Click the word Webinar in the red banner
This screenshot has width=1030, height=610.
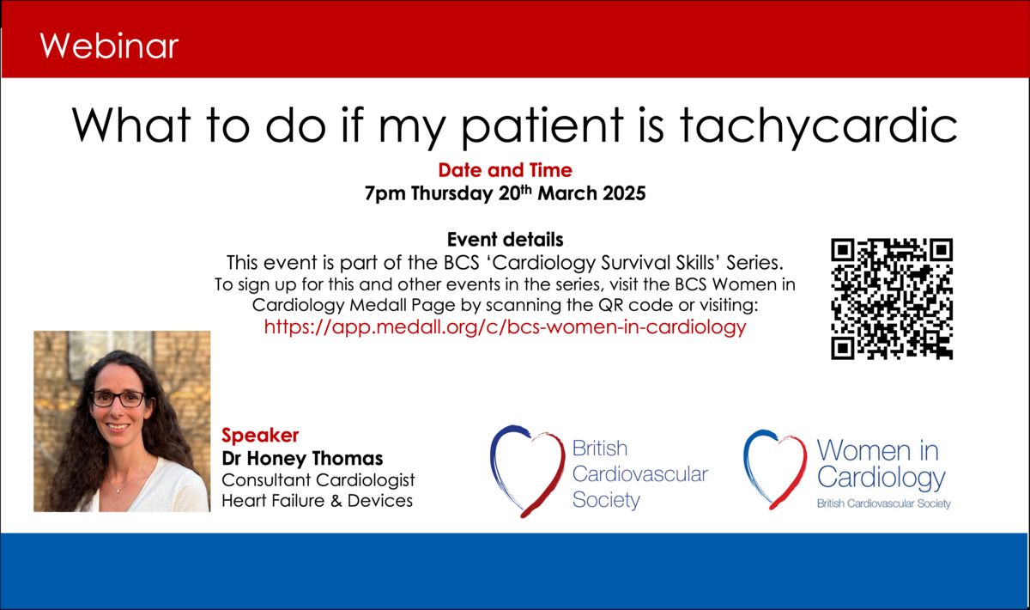click(x=109, y=46)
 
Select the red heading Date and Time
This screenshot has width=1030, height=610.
click(x=505, y=170)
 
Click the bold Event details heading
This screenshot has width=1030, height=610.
click(x=505, y=240)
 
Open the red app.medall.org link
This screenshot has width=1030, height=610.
click(x=505, y=327)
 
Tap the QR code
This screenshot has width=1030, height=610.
click(x=892, y=299)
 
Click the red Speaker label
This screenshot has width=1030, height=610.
click(x=260, y=436)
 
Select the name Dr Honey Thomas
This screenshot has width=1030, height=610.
click(x=302, y=458)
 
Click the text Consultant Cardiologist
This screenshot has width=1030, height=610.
click(x=318, y=480)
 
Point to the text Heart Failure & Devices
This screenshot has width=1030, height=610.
click(x=318, y=501)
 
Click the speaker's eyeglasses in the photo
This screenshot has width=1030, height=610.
click(x=118, y=399)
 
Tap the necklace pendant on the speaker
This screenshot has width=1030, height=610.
click(x=119, y=491)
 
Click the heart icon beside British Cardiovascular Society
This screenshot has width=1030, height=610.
click(x=527, y=471)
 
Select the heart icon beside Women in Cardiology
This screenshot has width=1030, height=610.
click(x=775, y=469)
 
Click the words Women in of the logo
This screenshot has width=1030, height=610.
click(x=877, y=450)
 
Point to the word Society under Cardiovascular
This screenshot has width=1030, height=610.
click(x=606, y=500)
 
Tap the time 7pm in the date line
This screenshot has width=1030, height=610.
click(x=385, y=194)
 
